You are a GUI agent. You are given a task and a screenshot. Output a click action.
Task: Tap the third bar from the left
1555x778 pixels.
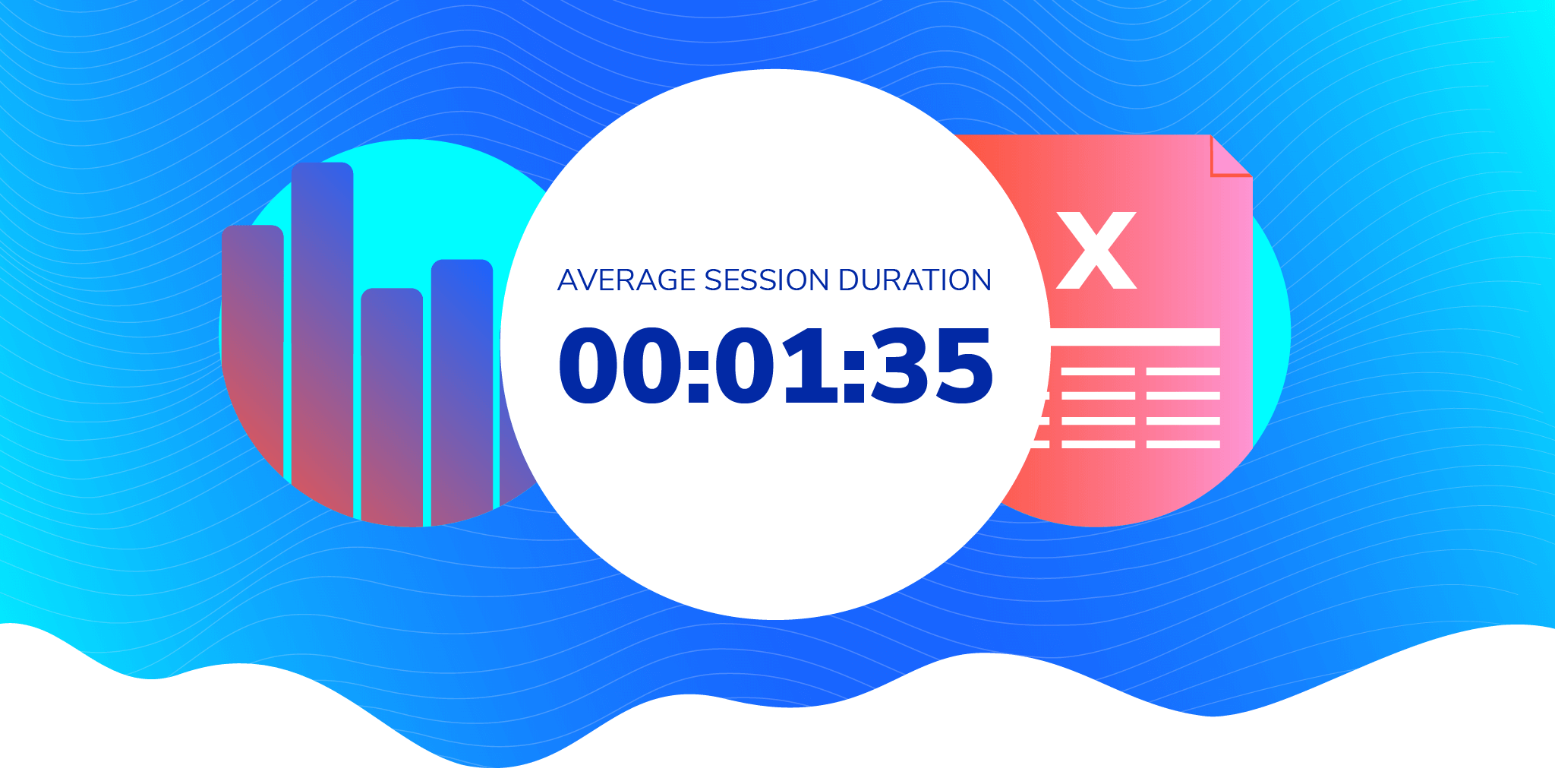(392, 406)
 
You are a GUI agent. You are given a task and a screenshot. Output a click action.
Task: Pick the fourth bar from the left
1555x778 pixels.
(462, 391)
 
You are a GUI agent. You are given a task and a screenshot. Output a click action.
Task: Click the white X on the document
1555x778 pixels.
(1096, 251)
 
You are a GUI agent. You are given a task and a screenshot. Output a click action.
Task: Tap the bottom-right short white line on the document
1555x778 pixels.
(1183, 444)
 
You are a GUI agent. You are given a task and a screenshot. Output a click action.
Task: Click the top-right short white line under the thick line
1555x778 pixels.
(1183, 372)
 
